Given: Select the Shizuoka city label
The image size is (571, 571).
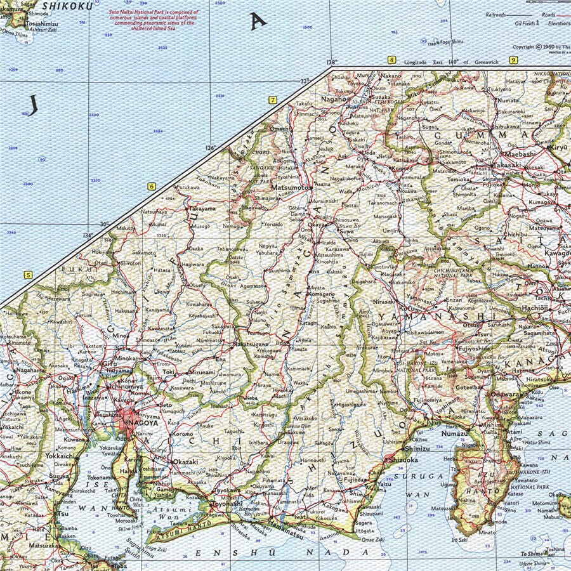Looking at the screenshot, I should pyautogui.click(x=404, y=460).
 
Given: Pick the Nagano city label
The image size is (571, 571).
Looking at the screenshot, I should pyautogui.click(x=332, y=99).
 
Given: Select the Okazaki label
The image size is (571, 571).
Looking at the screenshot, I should pyautogui.click(x=187, y=461).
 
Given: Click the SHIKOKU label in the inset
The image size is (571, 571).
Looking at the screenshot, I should pyautogui.click(x=67, y=4).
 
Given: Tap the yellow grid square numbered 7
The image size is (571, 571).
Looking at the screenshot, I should pyautogui.click(x=273, y=100).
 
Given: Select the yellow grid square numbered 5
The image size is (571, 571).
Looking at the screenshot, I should pyautogui.click(x=27, y=275).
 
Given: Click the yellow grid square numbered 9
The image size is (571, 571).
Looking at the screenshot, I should pyautogui.click(x=513, y=60).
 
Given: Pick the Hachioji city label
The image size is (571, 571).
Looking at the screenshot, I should pyautogui.click(x=532, y=306).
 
